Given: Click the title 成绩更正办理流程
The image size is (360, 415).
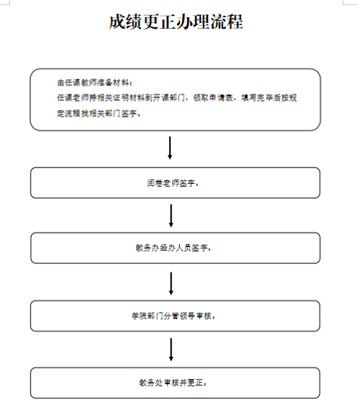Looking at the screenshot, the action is (x=176, y=22).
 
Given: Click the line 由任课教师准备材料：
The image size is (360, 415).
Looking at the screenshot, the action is (x=95, y=83).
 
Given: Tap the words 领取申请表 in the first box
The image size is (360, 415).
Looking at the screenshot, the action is (x=213, y=98).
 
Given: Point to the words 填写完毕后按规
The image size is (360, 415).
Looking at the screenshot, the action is (x=269, y=98).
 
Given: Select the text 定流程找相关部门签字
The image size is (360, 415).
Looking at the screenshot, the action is (x=96, y=114).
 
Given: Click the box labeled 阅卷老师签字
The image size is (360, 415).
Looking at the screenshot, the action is (x=175, y=182).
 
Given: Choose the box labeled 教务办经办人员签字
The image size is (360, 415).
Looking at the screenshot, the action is (x=175, y=248).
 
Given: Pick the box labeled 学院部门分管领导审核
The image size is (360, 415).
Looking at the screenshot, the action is (x=175, y=316).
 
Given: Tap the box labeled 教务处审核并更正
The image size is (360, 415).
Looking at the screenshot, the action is (x=175, y=383).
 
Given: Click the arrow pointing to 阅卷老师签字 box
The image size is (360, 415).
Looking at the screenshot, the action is (x=170, y=148).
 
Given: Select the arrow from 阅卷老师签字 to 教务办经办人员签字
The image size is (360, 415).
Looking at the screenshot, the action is (x=171, y=215).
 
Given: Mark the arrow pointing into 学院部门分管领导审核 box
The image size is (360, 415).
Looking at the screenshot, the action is (x=171, y=283).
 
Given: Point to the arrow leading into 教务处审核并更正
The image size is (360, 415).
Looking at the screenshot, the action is (x=171, y=349).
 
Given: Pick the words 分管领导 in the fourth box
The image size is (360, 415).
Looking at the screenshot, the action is (x=179, y=316).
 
